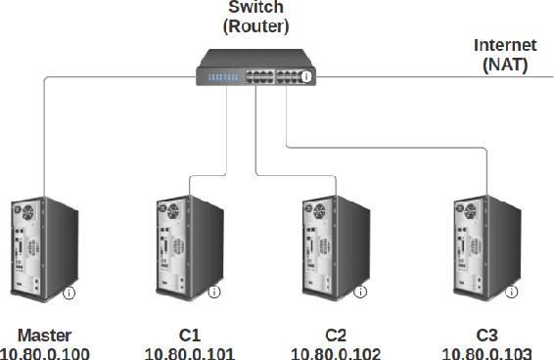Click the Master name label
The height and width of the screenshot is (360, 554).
point(44,334)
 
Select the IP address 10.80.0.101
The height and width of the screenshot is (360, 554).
point(189,352)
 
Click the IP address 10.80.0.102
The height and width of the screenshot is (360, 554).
point(336,352)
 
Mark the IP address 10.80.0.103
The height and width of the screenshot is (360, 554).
point(486,352)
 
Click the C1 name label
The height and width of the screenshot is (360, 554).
point(189,334)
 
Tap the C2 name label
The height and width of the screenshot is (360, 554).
point(336,334)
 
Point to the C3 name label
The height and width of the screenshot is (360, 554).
point(486,334)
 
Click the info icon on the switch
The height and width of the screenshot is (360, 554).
point(307,76)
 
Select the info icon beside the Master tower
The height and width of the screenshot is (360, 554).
point(69,292)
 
